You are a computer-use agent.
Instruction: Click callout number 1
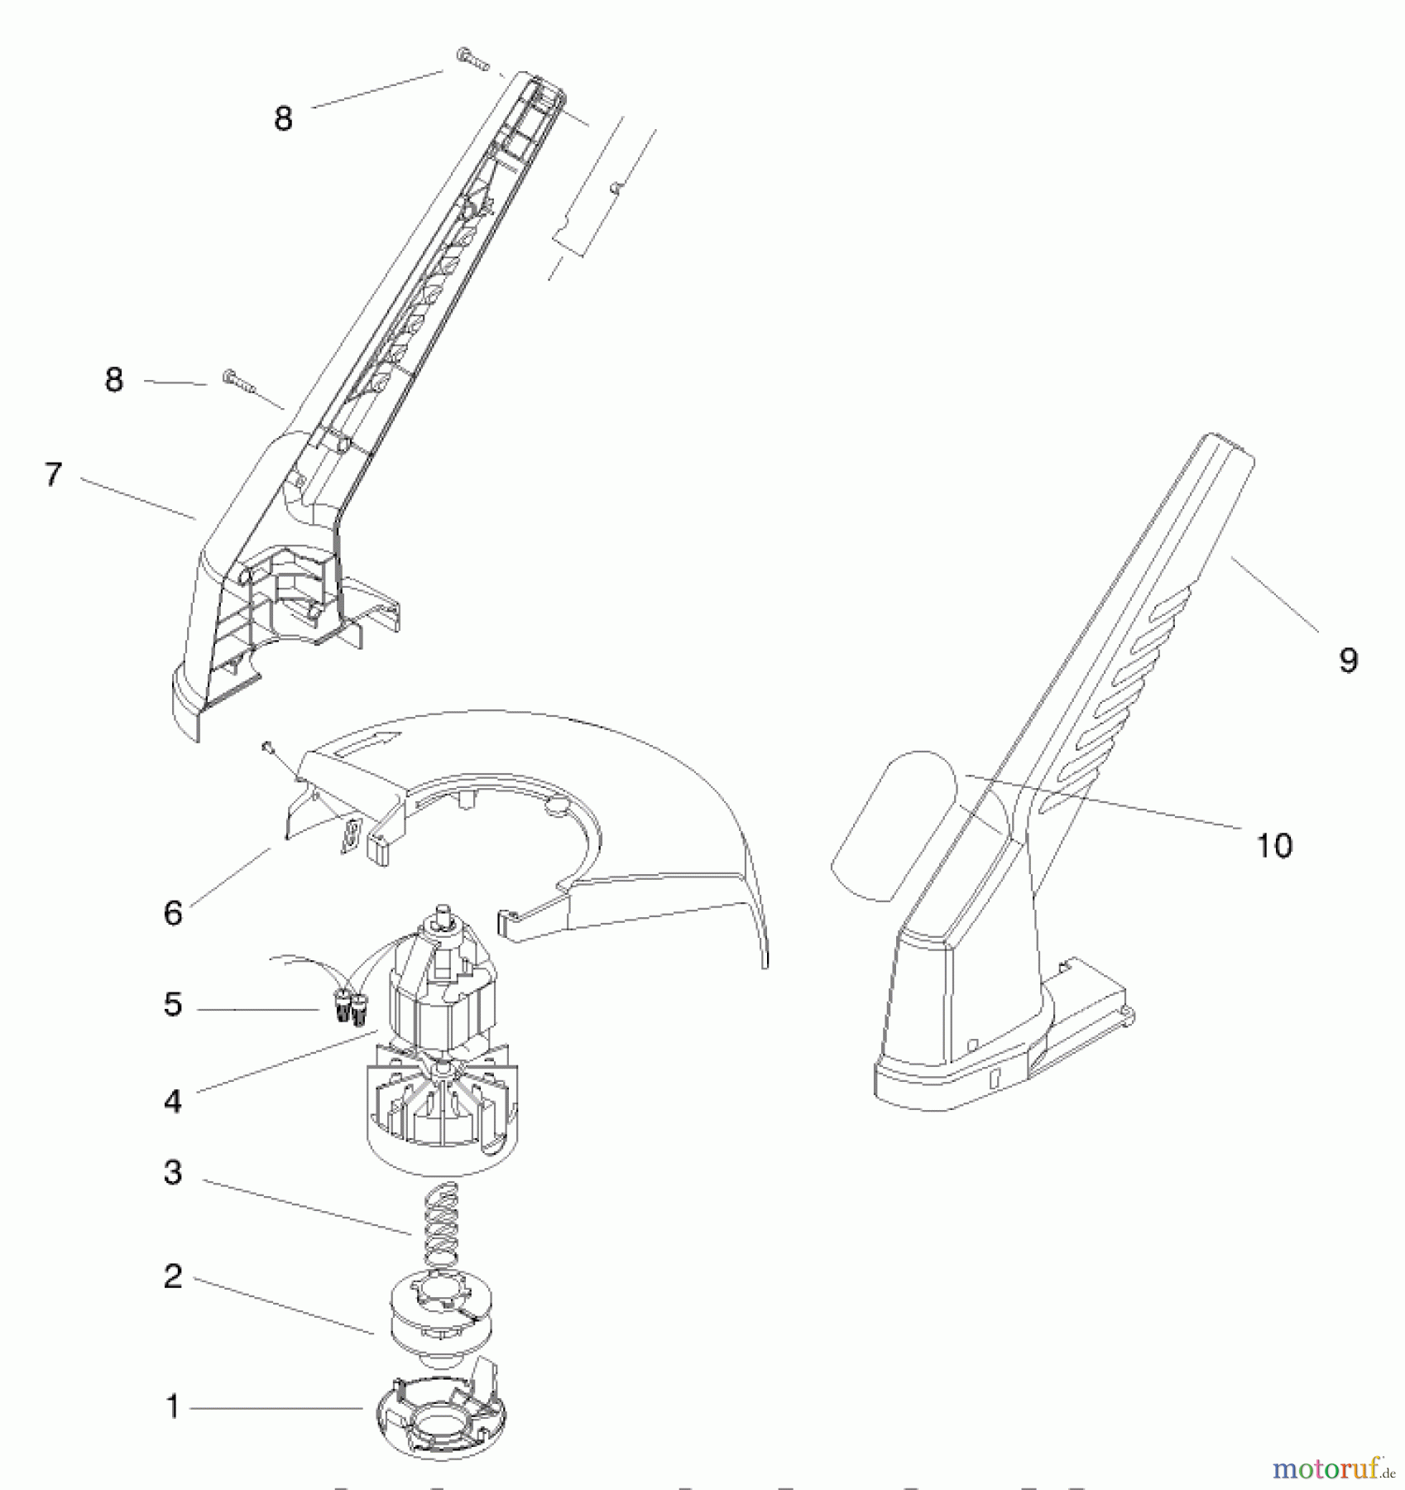(x=173, y=1406)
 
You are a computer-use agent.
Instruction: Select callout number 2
(x=173, y=1276)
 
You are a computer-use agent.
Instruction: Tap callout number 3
(x=173, y=1172)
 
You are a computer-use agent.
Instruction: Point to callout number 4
(x=173, y=1101)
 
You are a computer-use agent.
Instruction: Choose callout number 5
(x=173, y=1004)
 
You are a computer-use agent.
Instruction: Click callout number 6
(x=173, y=913)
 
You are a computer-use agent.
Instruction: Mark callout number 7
(x=54, y=474)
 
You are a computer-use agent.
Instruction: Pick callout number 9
(x=1349, y=660)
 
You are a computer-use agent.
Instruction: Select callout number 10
(x=1274, y=845)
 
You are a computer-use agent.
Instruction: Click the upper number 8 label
(x=283, y=118)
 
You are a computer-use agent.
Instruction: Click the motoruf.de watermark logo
(x=1333, y=1469)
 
